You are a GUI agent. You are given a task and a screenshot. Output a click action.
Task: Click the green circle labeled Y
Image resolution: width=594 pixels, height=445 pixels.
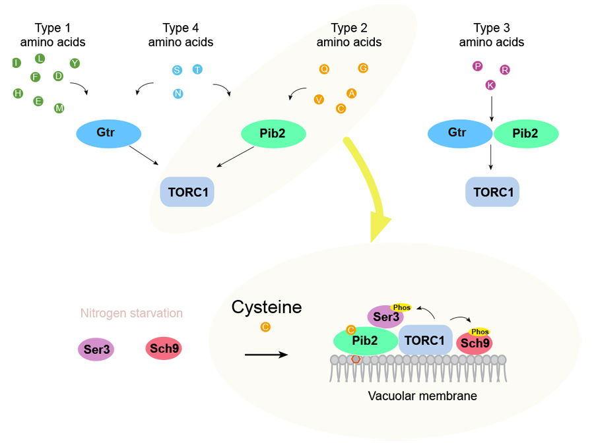[75, 63]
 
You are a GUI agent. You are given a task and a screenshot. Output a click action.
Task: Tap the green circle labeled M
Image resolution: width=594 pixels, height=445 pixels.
[59, 108]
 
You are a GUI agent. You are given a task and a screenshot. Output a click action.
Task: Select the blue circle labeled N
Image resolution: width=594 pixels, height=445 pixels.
[178, 94]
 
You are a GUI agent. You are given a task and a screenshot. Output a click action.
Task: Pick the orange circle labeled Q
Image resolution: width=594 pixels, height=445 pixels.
[324, 69]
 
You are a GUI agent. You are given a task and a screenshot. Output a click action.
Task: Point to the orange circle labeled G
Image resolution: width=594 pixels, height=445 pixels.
[363, 68]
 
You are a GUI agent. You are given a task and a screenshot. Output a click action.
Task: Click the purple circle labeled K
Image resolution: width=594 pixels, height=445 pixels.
[490, 85]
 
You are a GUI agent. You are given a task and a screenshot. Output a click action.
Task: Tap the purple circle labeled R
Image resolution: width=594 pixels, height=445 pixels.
[505, 70]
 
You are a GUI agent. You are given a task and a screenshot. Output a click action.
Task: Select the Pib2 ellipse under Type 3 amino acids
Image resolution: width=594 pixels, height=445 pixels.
[527, 134]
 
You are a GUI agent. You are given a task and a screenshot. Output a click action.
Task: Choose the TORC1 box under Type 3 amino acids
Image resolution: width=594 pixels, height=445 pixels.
[492, 192]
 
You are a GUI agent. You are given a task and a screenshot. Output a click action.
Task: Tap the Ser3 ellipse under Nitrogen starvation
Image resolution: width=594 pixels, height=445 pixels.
[96, 349]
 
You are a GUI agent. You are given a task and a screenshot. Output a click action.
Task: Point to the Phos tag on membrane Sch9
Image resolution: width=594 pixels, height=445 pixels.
[480, 332]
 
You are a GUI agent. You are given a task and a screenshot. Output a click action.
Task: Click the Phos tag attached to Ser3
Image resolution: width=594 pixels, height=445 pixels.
[401, 308]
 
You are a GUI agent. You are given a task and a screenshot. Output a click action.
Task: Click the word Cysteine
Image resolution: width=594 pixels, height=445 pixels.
[267, 307]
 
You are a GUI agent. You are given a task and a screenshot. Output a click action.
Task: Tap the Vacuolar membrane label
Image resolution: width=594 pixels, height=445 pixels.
[422, 396]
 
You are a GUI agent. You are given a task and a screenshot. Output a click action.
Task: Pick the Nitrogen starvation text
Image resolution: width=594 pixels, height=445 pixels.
[131, 313]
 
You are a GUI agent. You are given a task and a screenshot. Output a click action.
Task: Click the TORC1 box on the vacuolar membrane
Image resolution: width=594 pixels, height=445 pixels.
[425, 340]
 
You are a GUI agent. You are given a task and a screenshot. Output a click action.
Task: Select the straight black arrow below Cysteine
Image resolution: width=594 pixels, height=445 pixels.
[266, 355]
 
